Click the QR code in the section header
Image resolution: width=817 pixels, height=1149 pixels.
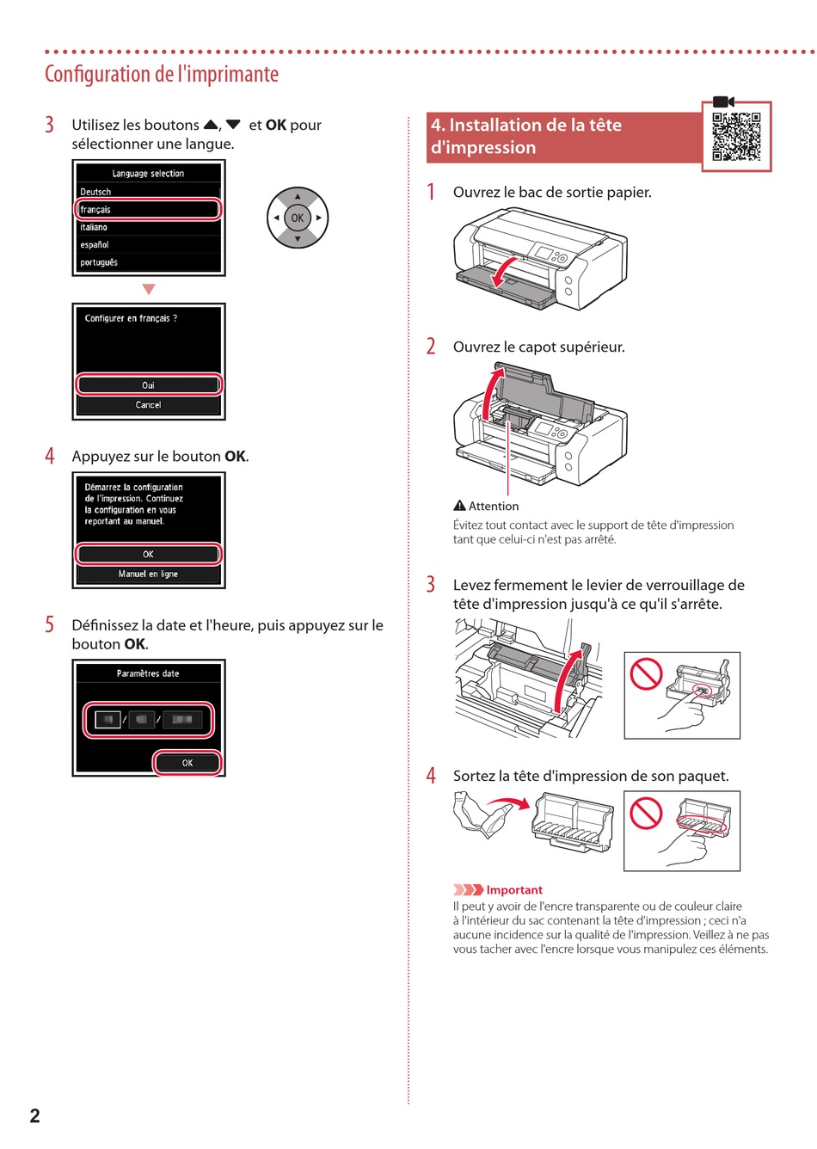[x=736, y=137]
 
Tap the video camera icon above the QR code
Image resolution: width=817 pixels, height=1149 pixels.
[x=723, y=101]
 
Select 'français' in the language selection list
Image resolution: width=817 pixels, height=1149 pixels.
[x=149, y=210]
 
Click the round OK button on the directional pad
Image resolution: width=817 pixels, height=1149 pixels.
[x=298, y=218]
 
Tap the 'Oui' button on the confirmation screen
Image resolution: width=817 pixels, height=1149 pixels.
[x=149, y=384]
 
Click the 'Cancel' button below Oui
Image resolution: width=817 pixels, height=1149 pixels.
[x=149, y=405]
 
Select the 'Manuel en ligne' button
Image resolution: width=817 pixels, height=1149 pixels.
[x=149, y=574]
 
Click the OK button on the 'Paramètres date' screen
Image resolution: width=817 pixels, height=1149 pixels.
[x=187, y=763]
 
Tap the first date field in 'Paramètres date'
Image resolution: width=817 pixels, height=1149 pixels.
[x=107, y=719]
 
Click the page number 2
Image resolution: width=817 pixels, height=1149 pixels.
[x=34, y=1115]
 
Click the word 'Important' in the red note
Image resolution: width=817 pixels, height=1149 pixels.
[x=514, y=890]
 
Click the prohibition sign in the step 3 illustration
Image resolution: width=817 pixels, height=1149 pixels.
[x=646, y=674]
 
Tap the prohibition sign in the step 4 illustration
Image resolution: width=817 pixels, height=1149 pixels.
[x=646, y=813]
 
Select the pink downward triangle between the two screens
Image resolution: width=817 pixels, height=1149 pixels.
[x=149, y=290]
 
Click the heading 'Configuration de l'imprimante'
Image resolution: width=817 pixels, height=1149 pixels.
[x=162, y=74]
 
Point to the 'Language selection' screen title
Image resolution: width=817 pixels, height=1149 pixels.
[x=149, y=174]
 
